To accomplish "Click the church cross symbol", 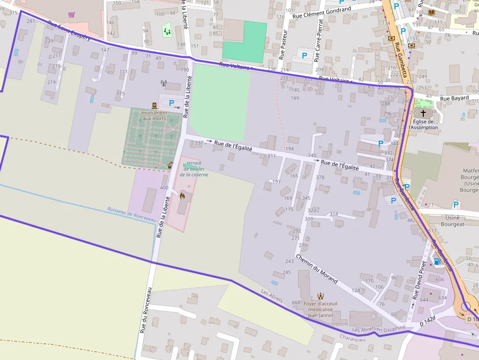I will tap(423, 113).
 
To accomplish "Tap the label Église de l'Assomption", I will tap(423, 125).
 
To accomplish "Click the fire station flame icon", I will tap(182, 196).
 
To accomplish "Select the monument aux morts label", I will tap(154, 116).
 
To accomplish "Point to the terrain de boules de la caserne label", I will tap(194, 169).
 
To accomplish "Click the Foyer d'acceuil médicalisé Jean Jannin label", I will tap(320, 309).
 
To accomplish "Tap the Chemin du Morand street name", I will tap(317, 269).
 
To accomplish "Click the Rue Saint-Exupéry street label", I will tap(69, 31).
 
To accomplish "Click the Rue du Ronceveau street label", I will tap(146, 310).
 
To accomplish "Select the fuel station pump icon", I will tap(437, 261).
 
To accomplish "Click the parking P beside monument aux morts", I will tap(172, 103).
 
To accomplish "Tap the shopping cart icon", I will tap(72, 15).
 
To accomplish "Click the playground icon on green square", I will tap(167, 31).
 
